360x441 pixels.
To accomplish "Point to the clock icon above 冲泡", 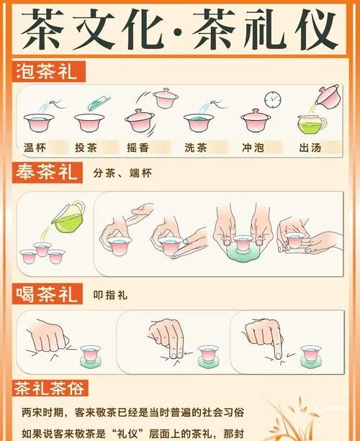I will [x=272, y=99].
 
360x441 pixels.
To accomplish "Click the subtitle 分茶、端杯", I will [x=123, y=174].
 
